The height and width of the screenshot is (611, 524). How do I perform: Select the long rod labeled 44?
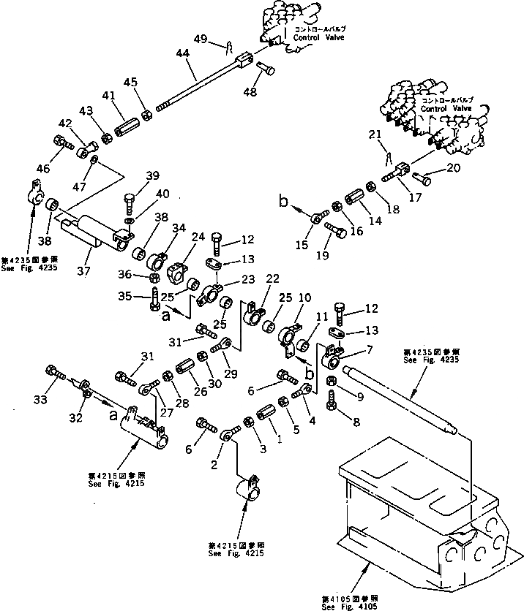pos(198,88)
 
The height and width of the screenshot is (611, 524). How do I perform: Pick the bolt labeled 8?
pos(331,398)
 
